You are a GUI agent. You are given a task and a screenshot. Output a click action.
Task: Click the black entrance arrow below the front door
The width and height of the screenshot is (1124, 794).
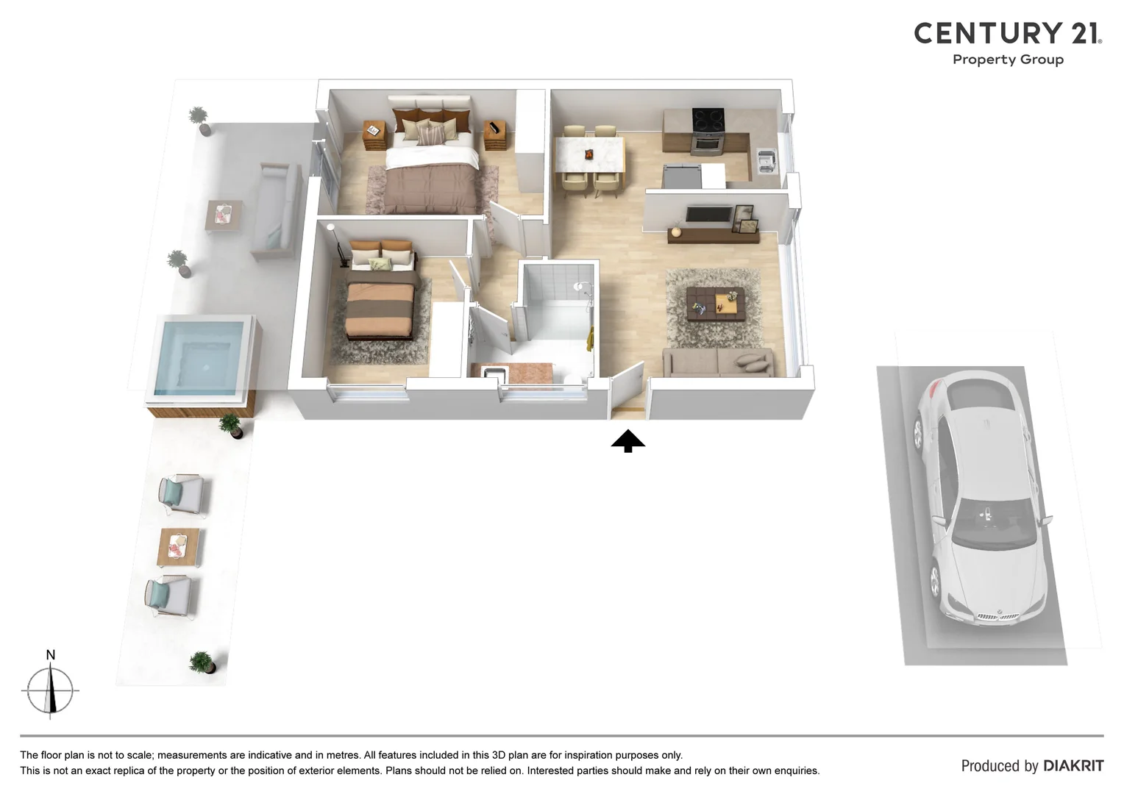point(627,441)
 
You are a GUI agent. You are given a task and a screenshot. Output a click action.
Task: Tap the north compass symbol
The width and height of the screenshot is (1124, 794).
point(50,690)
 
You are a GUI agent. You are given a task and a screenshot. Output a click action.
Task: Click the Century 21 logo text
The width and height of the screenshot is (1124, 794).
point(1007,33)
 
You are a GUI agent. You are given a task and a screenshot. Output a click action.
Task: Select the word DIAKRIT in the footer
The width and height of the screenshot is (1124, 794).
point(1073,766)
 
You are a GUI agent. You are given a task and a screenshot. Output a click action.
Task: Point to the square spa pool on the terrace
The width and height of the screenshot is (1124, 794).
point(200,356)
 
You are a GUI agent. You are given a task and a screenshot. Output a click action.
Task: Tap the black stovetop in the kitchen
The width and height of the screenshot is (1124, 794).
point(708,118)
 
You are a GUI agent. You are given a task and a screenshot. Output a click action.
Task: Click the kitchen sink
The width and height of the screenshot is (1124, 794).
point(766,159)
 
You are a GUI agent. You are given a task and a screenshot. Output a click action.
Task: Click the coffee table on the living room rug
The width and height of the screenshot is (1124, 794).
point(715,302)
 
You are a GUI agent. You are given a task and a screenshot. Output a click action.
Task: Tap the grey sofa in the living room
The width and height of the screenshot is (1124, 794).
point(717,362)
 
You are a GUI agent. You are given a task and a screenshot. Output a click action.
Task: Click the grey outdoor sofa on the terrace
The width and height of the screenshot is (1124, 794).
point(276,210)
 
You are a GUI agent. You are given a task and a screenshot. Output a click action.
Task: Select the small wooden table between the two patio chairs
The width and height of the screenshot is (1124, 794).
point(179,548)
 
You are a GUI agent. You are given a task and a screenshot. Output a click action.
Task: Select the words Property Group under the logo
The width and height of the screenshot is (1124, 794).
point(1008,60)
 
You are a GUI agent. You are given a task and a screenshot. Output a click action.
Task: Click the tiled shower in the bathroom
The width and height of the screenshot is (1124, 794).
point(558,301)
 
